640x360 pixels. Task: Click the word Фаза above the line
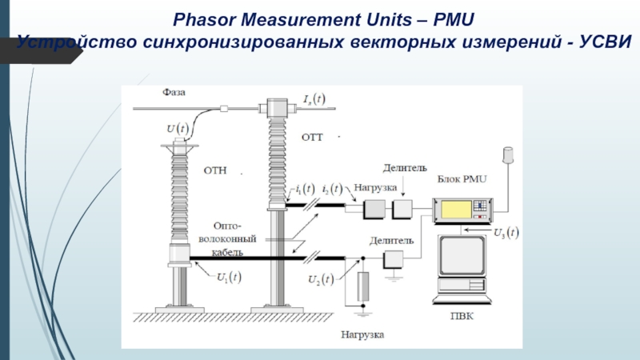[x=174, y=92]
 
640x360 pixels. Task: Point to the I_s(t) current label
[x=314, y=99]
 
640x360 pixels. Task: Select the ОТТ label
[x=311, y=138]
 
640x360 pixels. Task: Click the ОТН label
[x=216, y=170]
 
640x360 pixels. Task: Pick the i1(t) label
[x=305, y=190]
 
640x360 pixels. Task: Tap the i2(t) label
[x=332, y=190]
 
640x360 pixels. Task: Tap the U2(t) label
[x=322, y=280]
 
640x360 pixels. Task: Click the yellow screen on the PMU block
[x=454, y=207]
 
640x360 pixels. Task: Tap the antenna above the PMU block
[x=506, y=154]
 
